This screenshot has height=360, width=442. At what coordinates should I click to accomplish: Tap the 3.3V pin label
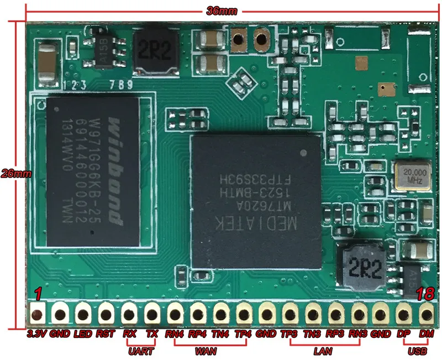click(37, 334)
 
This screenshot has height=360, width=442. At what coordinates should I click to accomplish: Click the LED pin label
click(82, 334)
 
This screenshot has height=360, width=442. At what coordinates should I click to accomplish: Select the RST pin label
click(105, 334)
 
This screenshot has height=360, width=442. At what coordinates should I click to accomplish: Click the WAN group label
click(206, 351)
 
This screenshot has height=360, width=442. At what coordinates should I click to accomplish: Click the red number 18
click(425, 294)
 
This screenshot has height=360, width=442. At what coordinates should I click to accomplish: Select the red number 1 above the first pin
click(38, 294)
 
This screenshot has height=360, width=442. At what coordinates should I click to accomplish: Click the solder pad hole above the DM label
click(424, 315)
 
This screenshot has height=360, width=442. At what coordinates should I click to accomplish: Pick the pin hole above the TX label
click(151, 315)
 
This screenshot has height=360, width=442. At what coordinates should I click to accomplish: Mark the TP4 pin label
click(243, 334)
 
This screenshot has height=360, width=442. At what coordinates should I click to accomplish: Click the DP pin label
click(402, 334)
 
